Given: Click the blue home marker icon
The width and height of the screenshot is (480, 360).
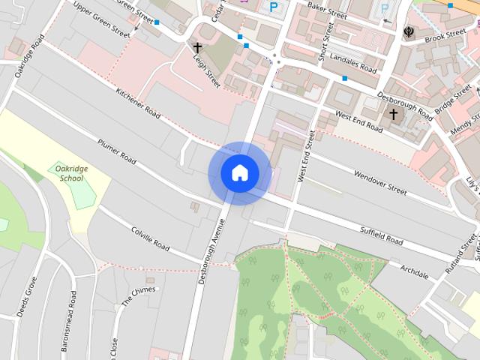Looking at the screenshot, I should (x=240, y=173).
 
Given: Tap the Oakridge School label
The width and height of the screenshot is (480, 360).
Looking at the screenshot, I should (x=72, y=174).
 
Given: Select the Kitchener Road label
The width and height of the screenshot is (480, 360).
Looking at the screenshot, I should (x=138, y=103).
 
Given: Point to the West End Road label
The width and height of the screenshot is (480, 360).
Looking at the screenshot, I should (x=358, y=124).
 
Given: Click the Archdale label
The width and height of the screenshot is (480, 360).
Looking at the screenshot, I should (x=414, y=271).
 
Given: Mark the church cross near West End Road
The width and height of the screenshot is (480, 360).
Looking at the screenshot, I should (x=393, y=114).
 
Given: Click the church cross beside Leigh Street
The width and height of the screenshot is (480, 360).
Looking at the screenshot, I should (x=197, y=47).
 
